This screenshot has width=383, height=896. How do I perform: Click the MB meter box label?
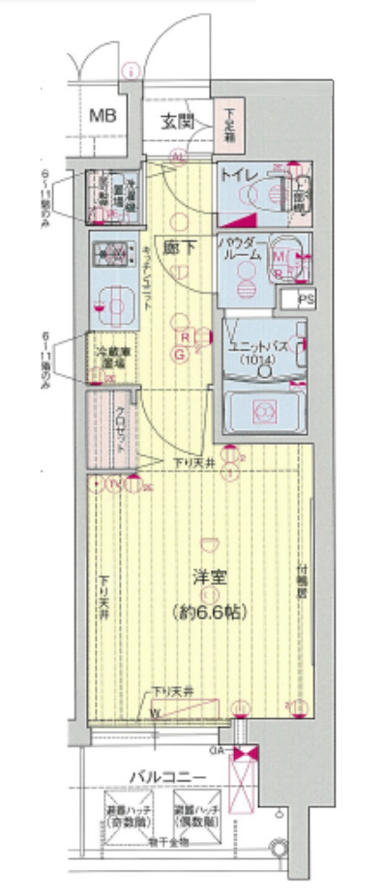pyautogui.click(x=103, y=116)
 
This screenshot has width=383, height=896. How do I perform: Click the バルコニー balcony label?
pyautogui.click(x=166, y=775)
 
